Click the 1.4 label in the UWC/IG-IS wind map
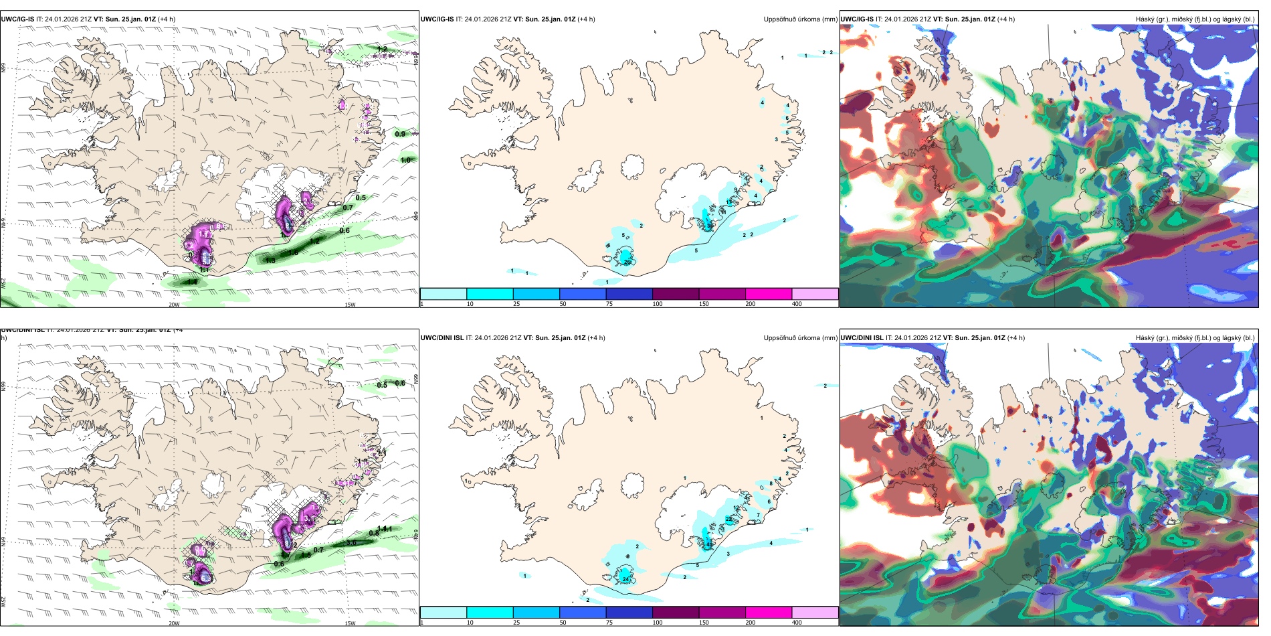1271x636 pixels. coord(192,283)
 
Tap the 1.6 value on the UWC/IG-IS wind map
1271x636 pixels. coord(293,253)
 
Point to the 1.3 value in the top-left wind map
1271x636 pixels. coord(270,260)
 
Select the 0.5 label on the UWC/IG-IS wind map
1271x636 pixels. coord(361,197)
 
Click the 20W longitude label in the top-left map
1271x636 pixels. coord(174,305)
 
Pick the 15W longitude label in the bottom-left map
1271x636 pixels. coord(350,623)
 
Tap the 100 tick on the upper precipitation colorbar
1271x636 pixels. coord(658,304)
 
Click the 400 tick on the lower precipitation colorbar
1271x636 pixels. coord(797,623)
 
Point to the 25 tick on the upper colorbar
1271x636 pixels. coord(516,304)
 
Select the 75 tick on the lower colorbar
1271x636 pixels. coord(609,623)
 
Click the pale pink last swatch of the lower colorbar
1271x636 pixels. coord(815,613)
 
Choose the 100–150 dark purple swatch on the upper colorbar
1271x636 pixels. coord(676,294)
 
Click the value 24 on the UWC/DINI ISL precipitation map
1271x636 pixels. coord(625,579)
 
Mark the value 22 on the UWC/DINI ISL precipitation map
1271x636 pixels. coord(728,519)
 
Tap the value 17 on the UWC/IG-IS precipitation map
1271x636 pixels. coord(728,202)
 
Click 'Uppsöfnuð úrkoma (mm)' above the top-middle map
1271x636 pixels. coord(800,19)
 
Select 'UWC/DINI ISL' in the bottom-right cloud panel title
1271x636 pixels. coord(862,338)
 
